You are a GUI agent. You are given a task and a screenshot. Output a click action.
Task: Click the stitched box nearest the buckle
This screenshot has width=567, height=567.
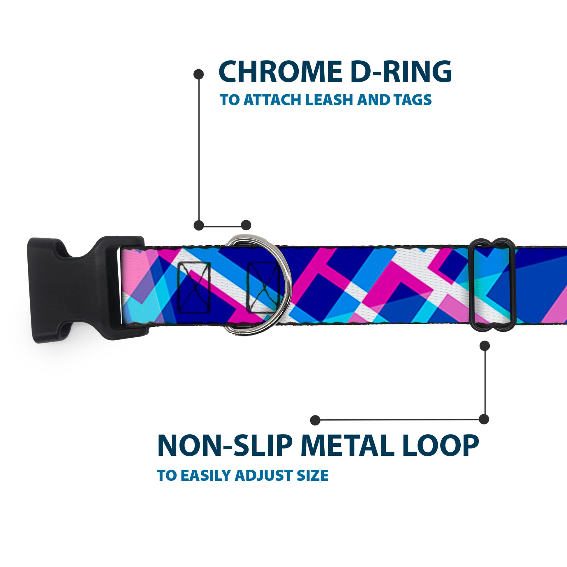tap(194, 288)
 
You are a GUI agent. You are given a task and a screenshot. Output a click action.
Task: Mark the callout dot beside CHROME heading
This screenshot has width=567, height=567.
tap(199, 74)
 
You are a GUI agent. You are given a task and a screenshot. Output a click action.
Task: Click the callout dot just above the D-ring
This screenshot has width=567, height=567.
tap(246, 225)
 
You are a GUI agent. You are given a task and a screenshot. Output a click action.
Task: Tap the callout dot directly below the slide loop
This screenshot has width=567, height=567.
tap(485, 346)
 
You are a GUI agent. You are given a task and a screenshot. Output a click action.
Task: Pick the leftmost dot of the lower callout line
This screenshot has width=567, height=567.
tap(315, 420)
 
